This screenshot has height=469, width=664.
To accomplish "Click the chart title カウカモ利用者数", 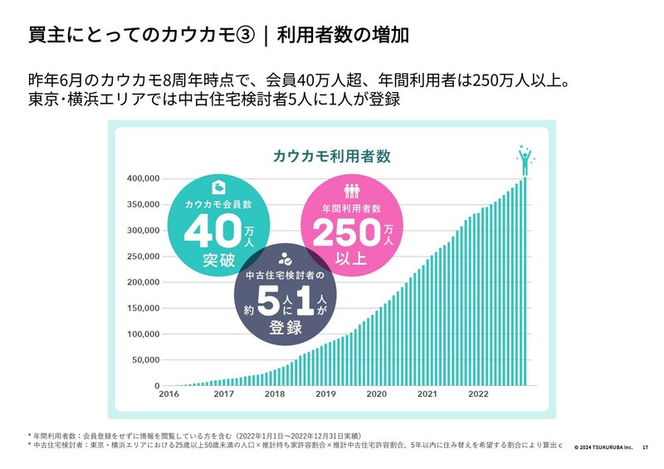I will click(x=331, y=155).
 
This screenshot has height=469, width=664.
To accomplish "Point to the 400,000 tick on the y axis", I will click(x=143, y=178).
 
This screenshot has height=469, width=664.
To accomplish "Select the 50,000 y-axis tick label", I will click(x=145, y=361).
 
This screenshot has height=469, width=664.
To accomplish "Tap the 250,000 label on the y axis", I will click(x=143, y=256).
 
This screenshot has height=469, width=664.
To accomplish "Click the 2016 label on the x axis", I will click(x=168, y=394).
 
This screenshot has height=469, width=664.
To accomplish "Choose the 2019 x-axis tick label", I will click(x=325, y=394).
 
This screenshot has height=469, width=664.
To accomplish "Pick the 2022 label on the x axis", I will click(x=481, y=394).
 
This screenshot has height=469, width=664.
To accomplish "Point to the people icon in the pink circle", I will click(x=350, y=190).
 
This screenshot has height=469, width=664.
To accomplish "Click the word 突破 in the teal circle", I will click(x=218, y=261).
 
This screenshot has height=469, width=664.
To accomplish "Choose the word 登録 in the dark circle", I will click(x=285, y=327).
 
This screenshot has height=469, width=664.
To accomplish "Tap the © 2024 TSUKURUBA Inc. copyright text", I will click(x=603, y=447).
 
